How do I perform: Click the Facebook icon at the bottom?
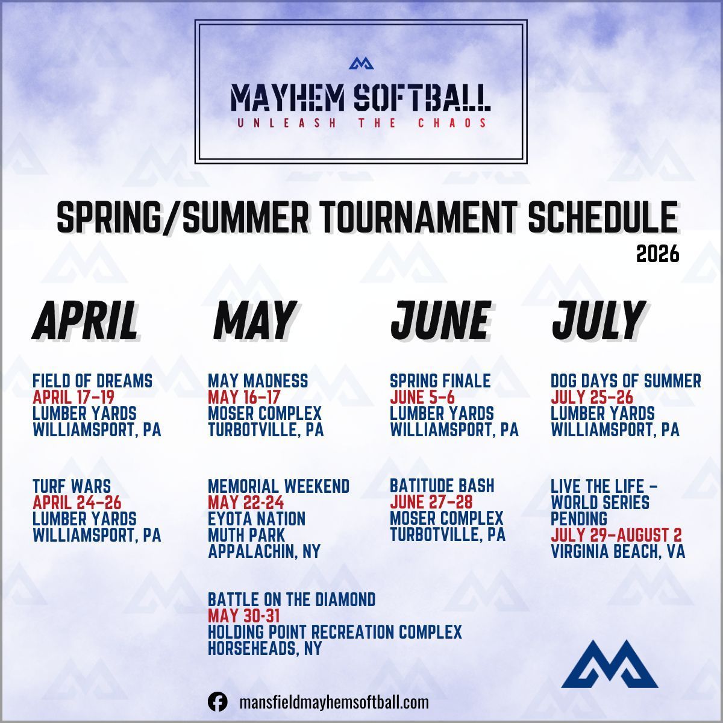pyautogui.click(x=218, y=703)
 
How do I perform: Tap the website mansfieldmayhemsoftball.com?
pyautogui.click(x=334, y=703)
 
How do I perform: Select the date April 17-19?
pyautogui.click(x=73, y=397)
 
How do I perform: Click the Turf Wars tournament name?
pyautogui.click(x=72, y=486)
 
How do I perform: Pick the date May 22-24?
pyautogui.click(x=245, y=502)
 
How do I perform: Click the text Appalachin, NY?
pyautogui.click(x=264, y=551)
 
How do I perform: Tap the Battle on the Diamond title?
pyautogui.click(x=292, y=599)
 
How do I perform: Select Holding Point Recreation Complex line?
pyautogui.click(x=334, y=632)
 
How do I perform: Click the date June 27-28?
pyautogui.click(x=431, y=502)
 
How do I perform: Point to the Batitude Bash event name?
pyautogui.click(x=442, y=486)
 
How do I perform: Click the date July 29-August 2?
pyautogui.click(x=616, y=534)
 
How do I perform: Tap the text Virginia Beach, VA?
pyautogui.click(x=618, y=551)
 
